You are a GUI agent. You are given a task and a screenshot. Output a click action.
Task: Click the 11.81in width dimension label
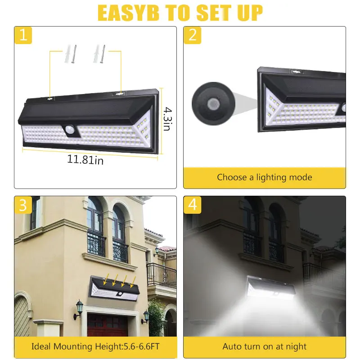(85, 160)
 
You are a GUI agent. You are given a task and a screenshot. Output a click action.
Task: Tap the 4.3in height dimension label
(166, 118)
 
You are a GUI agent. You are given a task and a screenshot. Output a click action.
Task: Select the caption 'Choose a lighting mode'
(264, 177)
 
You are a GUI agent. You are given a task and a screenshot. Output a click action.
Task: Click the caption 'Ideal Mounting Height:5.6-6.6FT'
(95, 346)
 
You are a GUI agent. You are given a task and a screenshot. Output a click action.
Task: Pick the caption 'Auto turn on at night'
(264, 346)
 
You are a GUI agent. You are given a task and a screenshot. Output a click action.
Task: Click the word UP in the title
(247, 13)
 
